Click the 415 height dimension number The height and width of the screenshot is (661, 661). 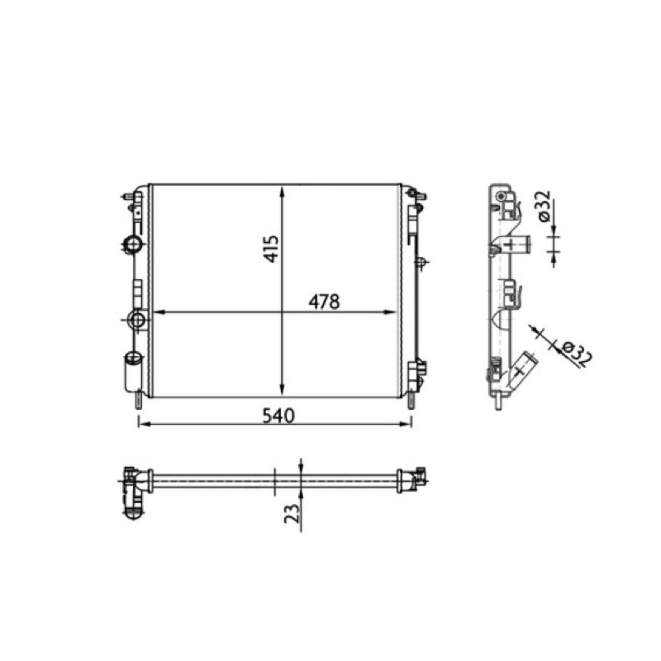click(x=272, y=249)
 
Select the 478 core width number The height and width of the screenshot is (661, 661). click(x=324, y=302)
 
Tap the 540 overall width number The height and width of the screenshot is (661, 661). click(x=278, y=416)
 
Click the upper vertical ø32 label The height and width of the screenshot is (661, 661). click(x=544, y=206)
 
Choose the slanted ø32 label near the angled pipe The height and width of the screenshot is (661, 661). click(x=577, y=353)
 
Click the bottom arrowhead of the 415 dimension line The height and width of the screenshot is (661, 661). click(x=282, y=389)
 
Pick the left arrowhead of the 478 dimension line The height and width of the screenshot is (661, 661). click(x=158, y=312)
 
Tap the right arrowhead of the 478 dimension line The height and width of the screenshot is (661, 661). click(x=390, y=312)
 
